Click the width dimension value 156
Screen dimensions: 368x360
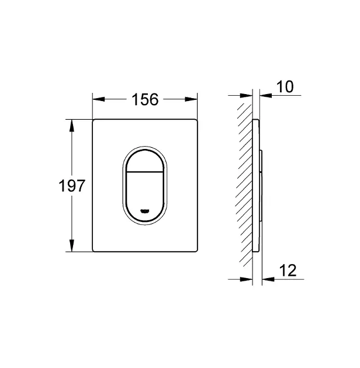point(145,99)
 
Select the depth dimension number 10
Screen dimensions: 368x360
point(285,87)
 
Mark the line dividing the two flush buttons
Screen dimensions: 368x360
point(146,173)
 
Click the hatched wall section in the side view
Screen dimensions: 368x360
point(244,187)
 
